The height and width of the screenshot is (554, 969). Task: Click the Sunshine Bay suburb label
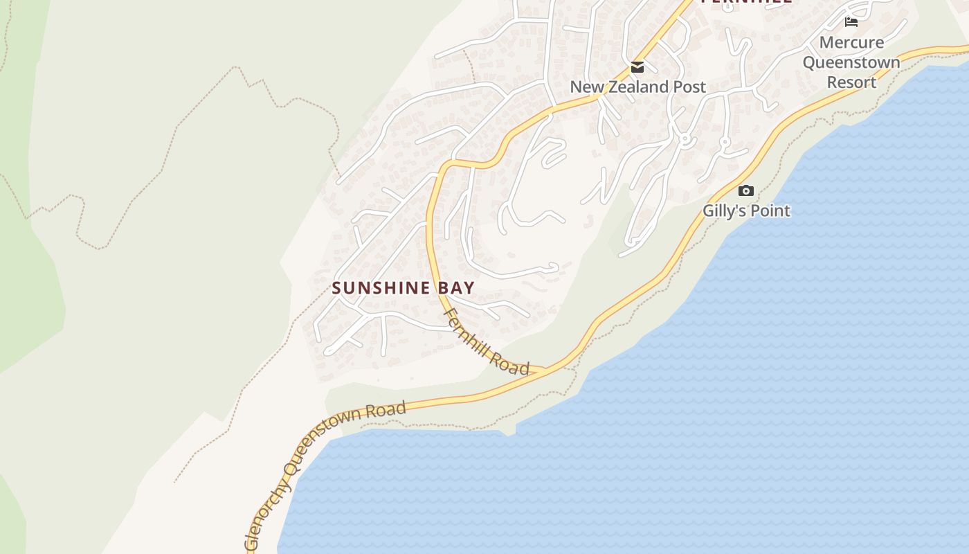pos(403,287)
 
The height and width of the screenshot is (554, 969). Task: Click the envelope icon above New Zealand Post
pos(637,67)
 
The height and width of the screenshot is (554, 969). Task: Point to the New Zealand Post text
pos(637,87)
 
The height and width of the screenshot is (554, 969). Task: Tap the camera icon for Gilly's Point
pos(745,190)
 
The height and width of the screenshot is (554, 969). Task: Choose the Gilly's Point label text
pos(746,211)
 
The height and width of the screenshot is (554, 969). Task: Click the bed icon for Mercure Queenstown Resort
pos(851,22)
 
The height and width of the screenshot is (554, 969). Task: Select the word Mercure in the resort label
pos(851,42)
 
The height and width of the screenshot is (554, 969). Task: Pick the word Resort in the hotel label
pos(851,82)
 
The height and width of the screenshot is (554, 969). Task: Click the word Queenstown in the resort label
pos(851,62)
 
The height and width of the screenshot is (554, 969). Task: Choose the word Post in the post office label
pos(691,87)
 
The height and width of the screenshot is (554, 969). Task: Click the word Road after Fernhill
pos(510,361)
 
